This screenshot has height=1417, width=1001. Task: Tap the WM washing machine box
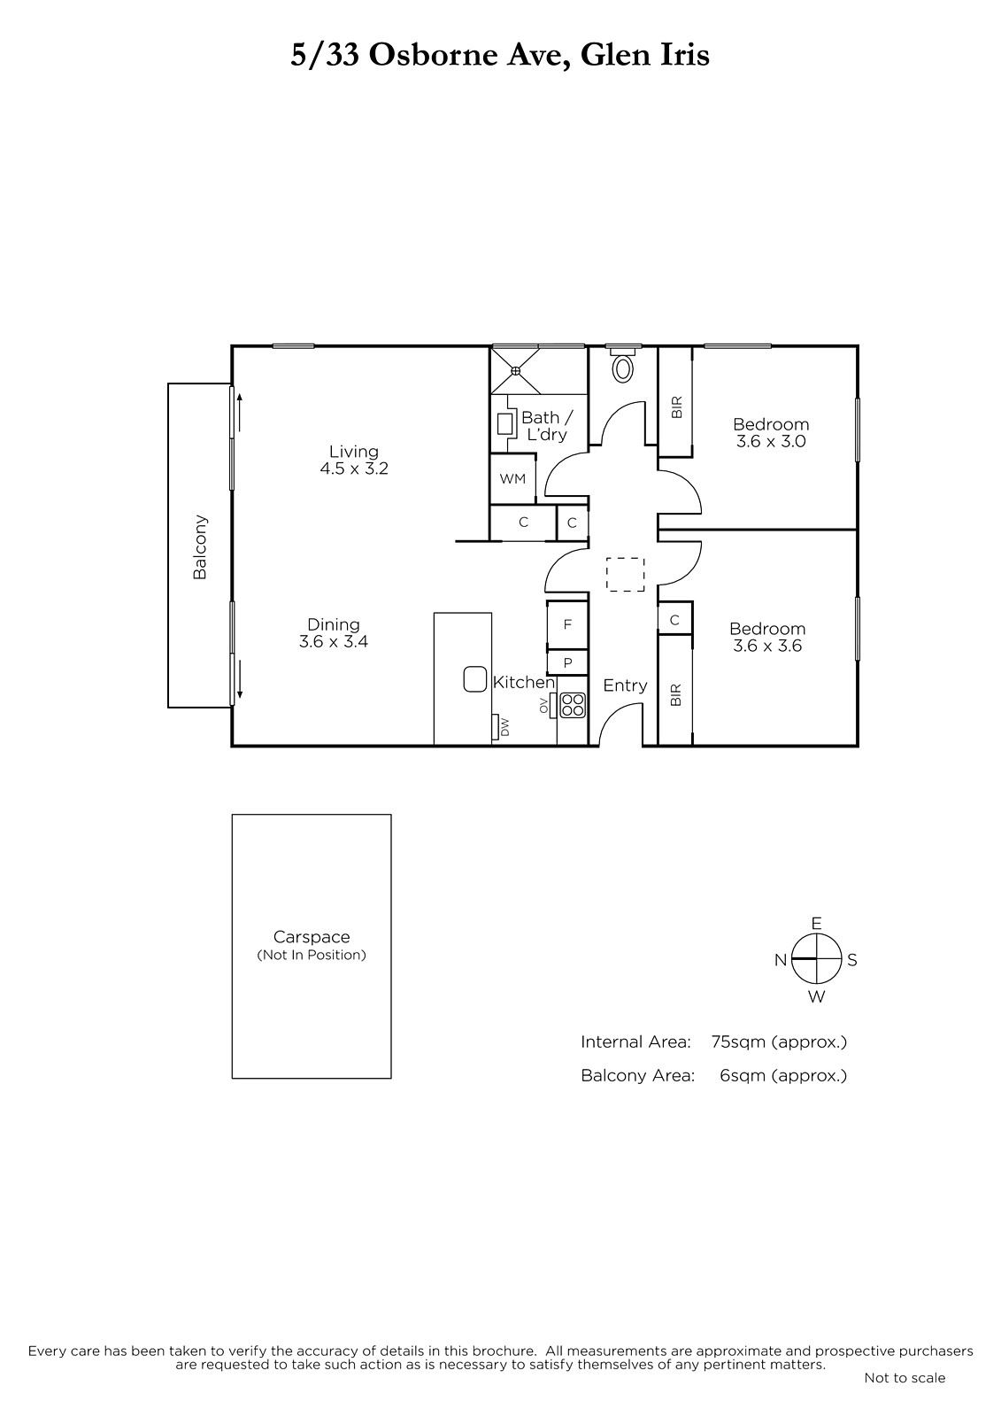512,478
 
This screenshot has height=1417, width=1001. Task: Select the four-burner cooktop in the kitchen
573,705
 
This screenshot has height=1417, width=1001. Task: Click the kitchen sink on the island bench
475,678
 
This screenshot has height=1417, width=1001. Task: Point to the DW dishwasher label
504,727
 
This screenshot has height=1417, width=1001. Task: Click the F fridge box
567,625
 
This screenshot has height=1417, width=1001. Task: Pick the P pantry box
567,663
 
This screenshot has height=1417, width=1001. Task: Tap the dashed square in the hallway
626,575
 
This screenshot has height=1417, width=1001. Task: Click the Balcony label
200,547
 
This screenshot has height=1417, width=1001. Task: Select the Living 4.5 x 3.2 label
353,460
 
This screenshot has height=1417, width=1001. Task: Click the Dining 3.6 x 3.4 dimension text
334,641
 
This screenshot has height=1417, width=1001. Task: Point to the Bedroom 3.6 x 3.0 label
771,433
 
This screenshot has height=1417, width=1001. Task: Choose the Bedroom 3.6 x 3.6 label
767,637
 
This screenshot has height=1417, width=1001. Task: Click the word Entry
625,685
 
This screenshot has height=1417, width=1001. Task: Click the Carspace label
312,937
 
